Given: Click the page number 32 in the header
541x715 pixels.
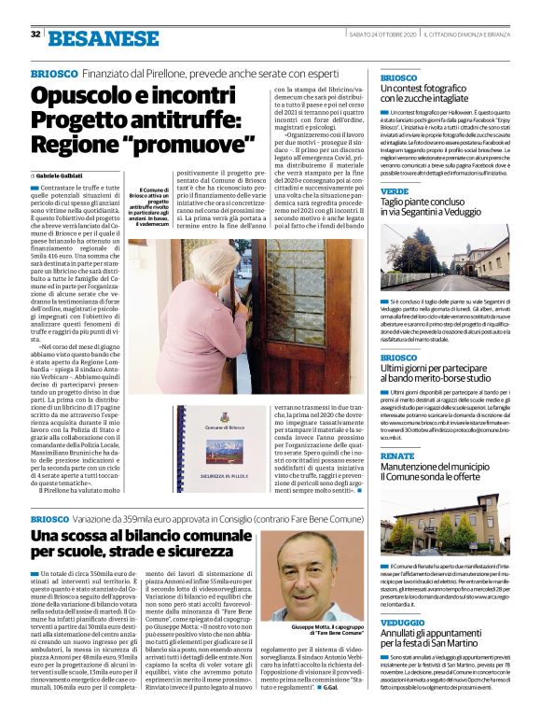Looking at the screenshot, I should (35, 35).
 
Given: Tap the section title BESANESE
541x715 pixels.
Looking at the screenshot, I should (103, 38).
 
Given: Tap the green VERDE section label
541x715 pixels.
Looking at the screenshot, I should (394, 190).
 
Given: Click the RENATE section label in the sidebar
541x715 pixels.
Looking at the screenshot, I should (396, 456).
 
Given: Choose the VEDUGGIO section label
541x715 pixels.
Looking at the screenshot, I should (402, 622).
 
